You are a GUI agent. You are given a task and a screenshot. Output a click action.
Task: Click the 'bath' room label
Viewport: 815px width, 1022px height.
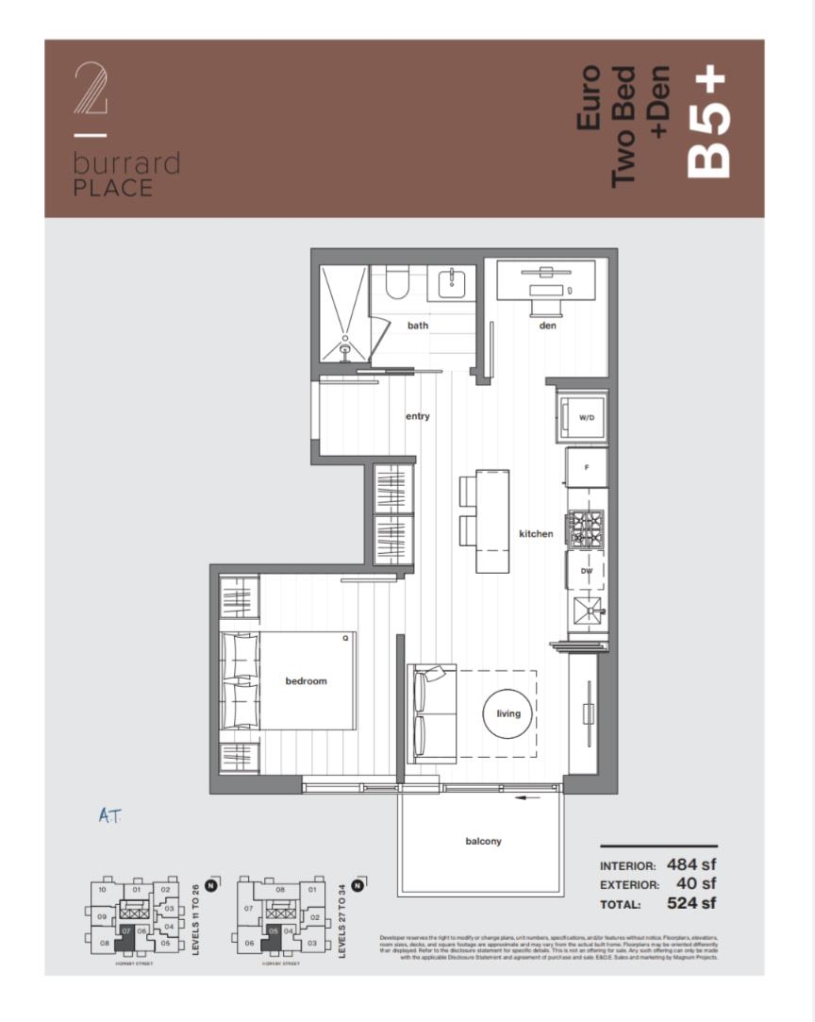(418, 326)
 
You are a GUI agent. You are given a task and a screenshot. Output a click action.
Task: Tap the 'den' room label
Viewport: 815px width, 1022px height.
(548, 326)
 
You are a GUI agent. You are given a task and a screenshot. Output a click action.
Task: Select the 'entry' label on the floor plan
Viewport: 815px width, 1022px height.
(418, 416)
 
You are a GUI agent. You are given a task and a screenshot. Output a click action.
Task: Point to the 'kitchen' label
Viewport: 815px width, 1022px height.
(536, 534)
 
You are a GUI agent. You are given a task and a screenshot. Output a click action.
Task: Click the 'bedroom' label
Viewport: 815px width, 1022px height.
(306, 681)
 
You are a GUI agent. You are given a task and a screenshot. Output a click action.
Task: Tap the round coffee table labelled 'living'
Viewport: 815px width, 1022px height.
(508, 713)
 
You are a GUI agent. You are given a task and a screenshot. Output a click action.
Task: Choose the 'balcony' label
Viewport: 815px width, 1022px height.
(483, 841)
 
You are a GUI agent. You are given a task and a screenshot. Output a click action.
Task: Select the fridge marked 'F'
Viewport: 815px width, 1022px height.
(587, 467)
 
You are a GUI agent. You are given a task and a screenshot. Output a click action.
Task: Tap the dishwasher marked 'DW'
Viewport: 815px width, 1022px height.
(587, 571)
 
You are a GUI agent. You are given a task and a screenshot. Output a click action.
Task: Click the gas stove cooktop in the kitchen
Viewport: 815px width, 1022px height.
(585, 527)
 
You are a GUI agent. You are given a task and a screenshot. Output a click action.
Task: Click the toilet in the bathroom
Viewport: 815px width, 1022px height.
(396, 282)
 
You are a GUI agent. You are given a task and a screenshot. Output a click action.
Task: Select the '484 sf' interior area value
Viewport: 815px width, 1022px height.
(691, 863)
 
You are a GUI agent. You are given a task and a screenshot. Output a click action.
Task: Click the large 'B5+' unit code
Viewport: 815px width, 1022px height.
(710, 124)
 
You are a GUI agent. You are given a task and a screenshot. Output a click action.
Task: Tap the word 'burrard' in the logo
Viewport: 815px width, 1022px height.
(125, 164)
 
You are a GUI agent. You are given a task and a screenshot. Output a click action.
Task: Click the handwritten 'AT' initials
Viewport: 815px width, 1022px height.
(110, 815)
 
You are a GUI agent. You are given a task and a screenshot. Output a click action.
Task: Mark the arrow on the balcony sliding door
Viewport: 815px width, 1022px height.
(528, 797)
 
